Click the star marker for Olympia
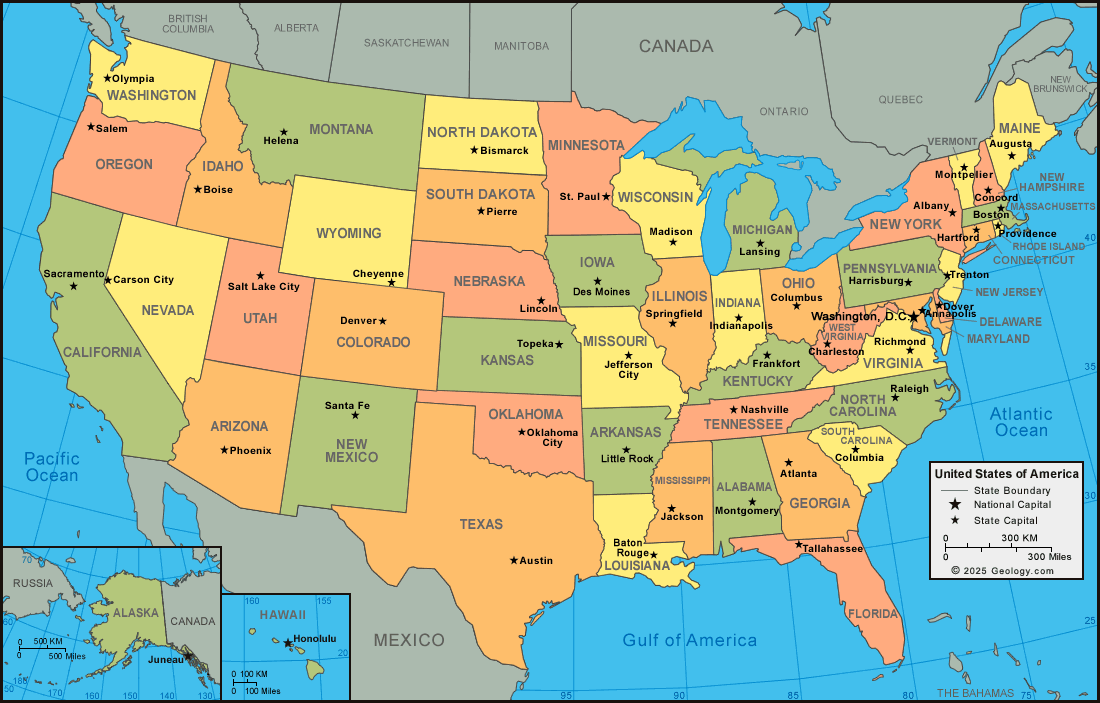(x=106, y=78)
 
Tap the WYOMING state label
(x=348, y=233)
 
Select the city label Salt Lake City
(x=263, y=287)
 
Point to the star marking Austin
(x=514, y=560)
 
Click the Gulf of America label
(x=689, y=640)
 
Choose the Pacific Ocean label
(x=52, y=467)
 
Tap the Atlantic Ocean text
(x=1021, y=422)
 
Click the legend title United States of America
(x=1005, y=474)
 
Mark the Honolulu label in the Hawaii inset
(x=315, y=638)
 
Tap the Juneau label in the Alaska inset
(x=165, y=659)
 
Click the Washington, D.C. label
(x=858, y=316)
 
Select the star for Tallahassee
(x=798, y=545)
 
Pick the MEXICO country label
(x=409, y=640)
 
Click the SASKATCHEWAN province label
(x=406, y=43)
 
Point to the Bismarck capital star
(x=474, y=150)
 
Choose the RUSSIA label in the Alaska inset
(x=33, y=583)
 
